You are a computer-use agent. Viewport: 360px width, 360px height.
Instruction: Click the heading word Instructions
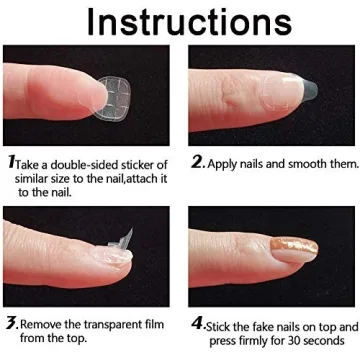point(180,22)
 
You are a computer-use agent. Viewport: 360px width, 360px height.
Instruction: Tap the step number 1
point(10,159)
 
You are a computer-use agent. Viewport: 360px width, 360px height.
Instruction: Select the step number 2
point(195,160)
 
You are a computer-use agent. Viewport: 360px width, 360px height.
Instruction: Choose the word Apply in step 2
point(227,161)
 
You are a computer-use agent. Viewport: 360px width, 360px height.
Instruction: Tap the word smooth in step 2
point(307,161)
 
